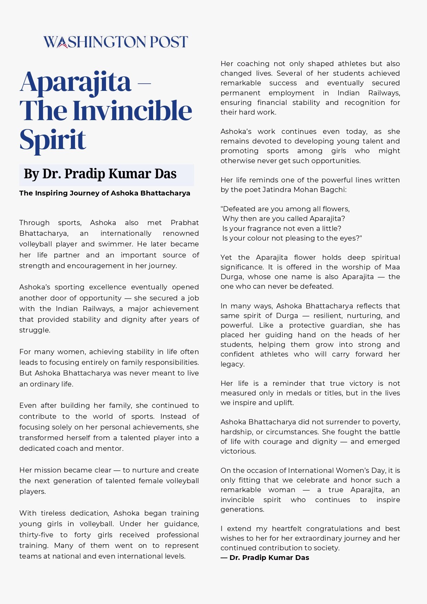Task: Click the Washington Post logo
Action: click(116, 42)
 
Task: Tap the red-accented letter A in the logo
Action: click(62, 43)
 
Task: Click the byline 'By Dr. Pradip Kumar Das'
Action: click(100, 174)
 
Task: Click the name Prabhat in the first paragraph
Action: click(184, 223)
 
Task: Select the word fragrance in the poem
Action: click(261, 229)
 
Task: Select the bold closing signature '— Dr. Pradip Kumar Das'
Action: click(265, 558)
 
